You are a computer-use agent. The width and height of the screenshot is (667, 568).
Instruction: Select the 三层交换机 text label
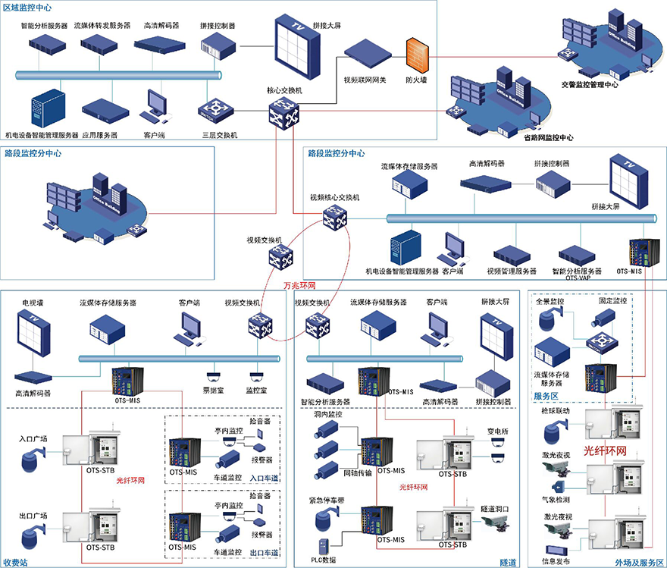tap(220, 135)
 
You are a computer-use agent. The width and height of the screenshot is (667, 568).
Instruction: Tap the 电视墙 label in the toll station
tap(36, 301)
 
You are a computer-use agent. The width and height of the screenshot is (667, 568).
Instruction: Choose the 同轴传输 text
tap(358, 473)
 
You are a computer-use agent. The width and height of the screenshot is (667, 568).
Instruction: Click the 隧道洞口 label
tap(494, 507)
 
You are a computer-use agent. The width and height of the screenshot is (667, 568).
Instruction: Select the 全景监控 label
tap(550, 301)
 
